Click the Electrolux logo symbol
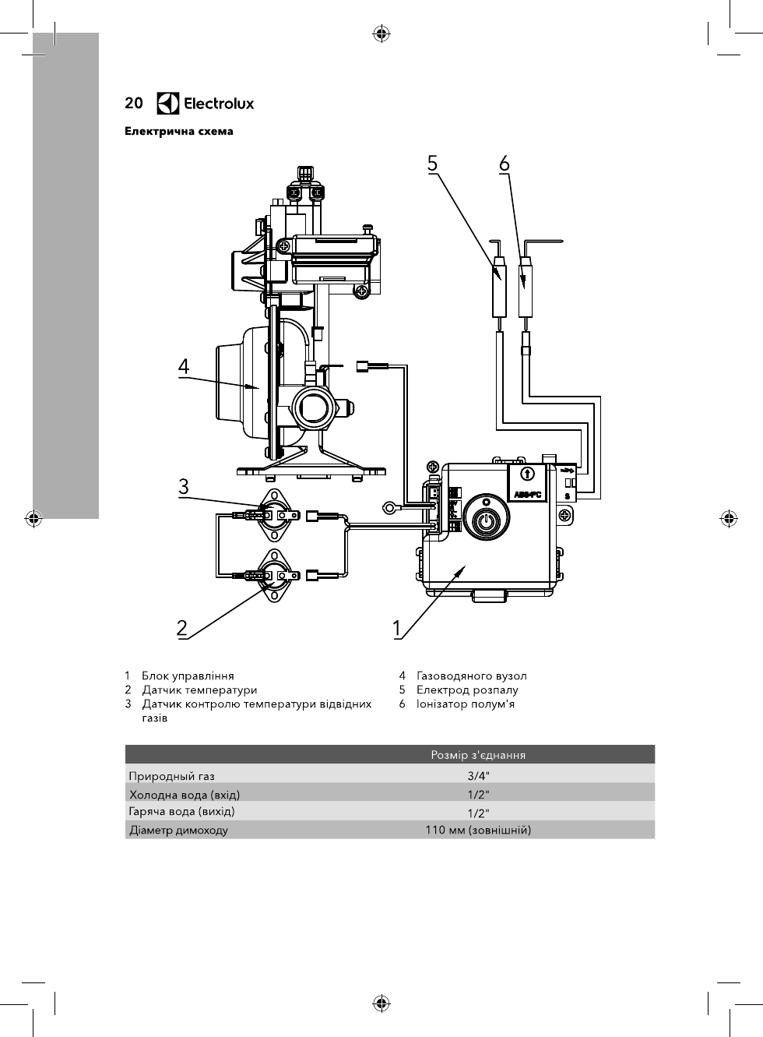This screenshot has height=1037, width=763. [167, 103]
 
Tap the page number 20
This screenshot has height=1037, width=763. [134, 103]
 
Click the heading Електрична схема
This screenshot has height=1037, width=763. [178, 131]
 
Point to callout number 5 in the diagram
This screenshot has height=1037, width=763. [432, 164]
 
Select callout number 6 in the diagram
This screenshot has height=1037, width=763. [505, 164]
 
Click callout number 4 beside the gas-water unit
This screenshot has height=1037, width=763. [184, 367]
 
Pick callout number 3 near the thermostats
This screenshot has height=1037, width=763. [184, 487]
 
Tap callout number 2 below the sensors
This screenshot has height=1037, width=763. [182, 628]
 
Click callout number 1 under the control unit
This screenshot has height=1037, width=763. [396, 629]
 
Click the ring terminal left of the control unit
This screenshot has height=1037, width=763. [389, 508]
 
